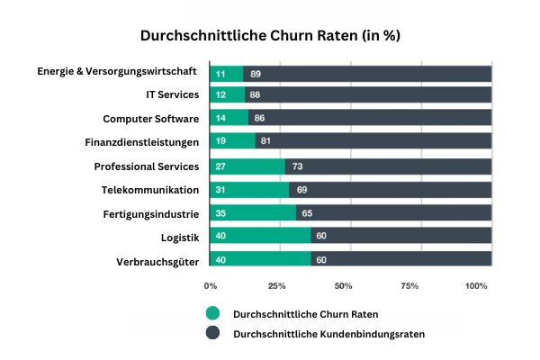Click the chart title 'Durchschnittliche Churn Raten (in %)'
coord(270,37)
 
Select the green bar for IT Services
coord(227,94)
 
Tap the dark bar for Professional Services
coord(388,166)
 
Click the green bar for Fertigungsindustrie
coord(253,212)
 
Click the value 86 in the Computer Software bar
coord(259,118)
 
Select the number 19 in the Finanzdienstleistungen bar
coord(220,141)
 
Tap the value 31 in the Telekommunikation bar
coord(220,189)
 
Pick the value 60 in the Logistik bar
coord(321,237)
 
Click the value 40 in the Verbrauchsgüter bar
coord(220,260)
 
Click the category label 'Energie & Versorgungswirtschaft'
coord(117,71)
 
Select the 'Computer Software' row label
coord(151,118)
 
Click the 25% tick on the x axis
coord(276,286)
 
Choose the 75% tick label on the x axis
coord(409,286)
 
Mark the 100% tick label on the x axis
coord(476,286)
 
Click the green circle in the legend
coord(212,314)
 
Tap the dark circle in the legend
coord(212,333)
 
